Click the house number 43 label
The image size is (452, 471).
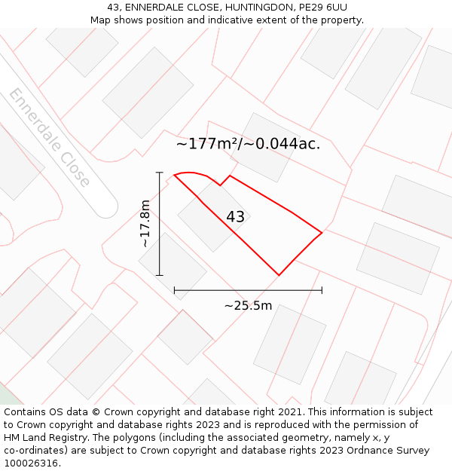pos(235,217)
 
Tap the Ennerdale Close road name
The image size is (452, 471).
pos(50,137)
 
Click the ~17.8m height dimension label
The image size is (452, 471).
pos(145,223)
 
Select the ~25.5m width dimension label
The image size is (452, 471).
pos(248,306)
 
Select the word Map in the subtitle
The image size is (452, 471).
pos(101,20)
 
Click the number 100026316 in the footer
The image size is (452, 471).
pos(30,463)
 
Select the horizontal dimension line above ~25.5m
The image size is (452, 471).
pos(248,289)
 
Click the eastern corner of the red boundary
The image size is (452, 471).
pos(322,233)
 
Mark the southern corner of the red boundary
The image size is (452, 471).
pos(279,275)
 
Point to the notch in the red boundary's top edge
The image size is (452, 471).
pos(221,185)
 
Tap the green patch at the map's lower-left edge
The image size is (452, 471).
pos(7,396)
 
